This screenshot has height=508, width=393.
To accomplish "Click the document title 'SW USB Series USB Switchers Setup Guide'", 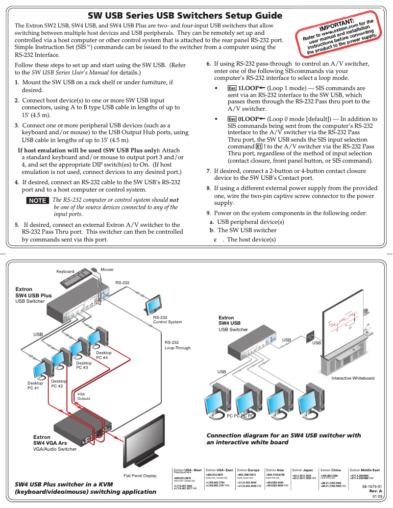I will [185, 16].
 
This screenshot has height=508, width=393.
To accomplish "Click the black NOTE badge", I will [37, 200].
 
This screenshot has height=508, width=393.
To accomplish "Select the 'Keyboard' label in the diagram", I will [65, 271].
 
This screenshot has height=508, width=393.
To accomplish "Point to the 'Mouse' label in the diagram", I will [107, 269].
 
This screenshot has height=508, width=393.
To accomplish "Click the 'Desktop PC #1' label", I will [35, 386].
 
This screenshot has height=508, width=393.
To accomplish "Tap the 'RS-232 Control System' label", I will [167, 319].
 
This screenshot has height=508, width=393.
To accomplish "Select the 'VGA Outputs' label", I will [84, 396].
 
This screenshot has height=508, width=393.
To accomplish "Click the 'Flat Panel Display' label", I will [140, 475].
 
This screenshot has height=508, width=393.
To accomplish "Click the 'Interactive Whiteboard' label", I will [352, 378].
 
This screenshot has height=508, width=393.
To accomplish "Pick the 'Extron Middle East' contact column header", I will [365, 470].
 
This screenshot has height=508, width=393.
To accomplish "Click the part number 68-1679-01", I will [372, 486].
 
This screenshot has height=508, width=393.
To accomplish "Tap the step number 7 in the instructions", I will [208, 171].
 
